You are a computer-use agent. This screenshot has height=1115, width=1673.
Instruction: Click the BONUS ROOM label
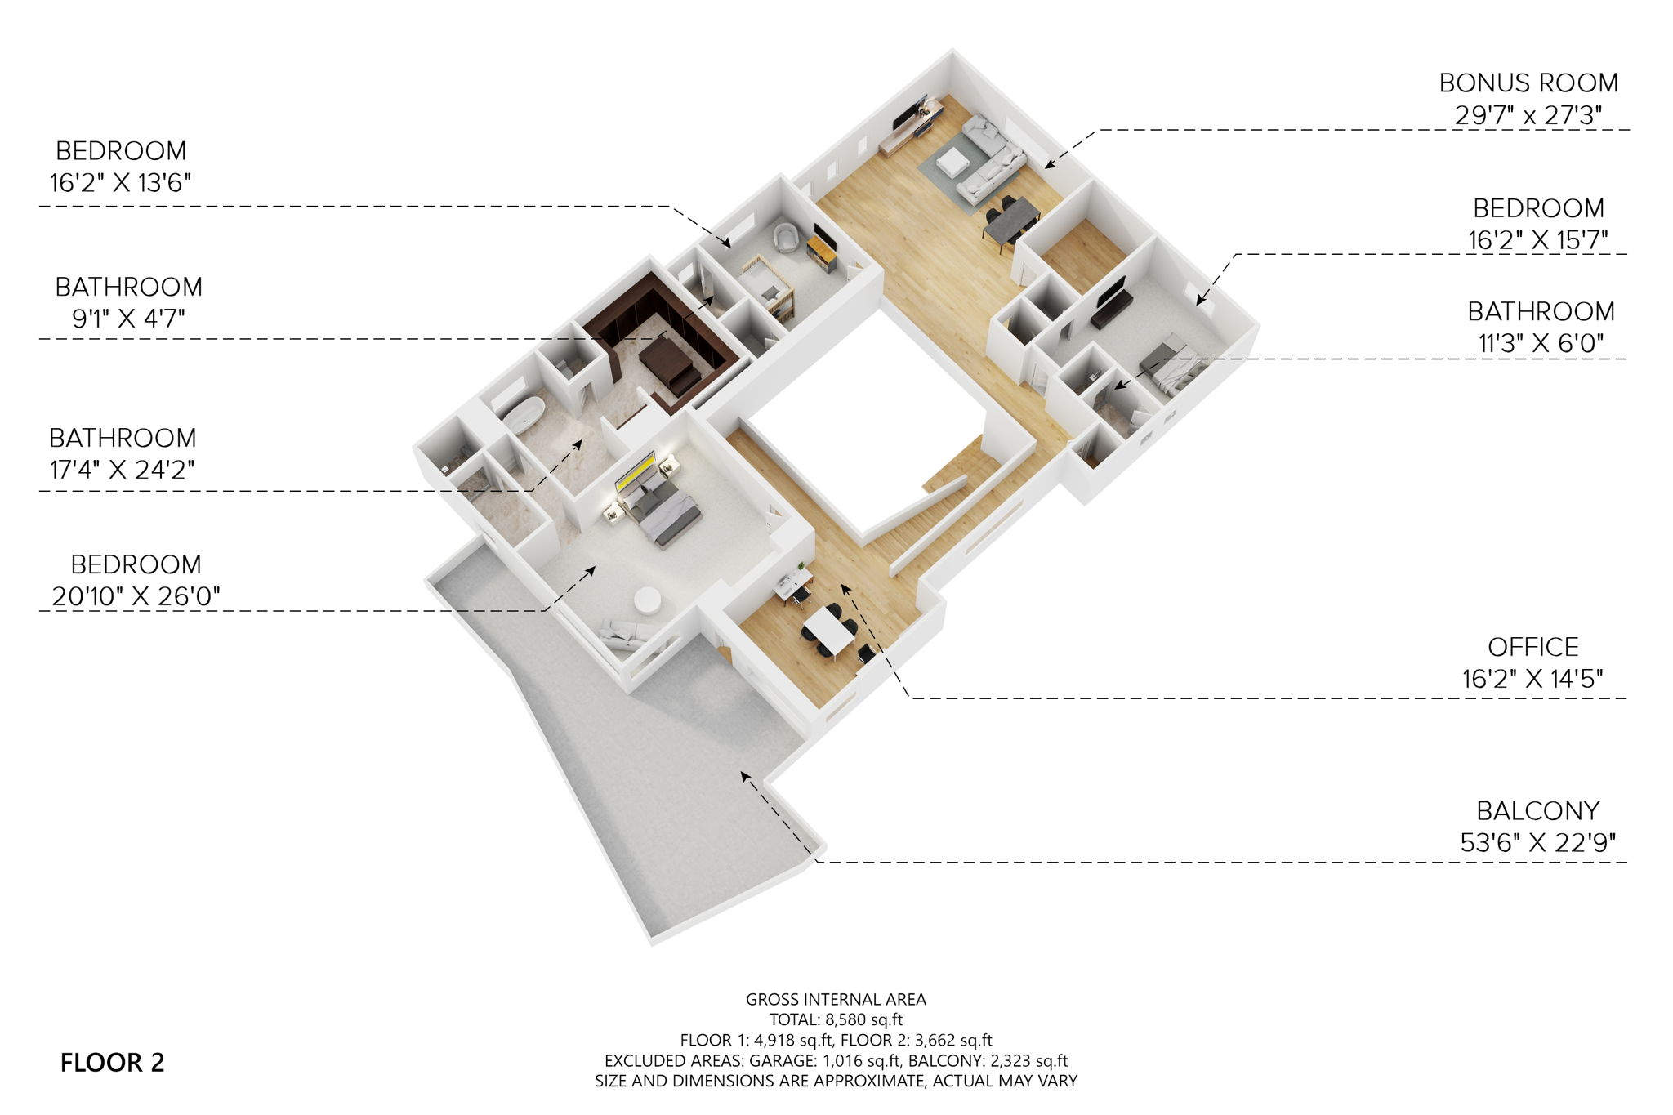[x=1528, y=83]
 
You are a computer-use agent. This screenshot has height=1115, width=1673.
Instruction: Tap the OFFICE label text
[x=1532, y=648]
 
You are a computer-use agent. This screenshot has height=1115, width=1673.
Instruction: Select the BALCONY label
[x=1537, y=811]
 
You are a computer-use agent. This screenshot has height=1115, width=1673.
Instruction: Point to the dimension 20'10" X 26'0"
[x=136, y=597]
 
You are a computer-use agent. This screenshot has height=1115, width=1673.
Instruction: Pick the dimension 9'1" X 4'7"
[x=128, y=319]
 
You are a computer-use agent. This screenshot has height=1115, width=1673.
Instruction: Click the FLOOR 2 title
[x=113, y=1063]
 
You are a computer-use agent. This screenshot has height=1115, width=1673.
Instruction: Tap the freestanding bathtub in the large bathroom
[x=523, y=412]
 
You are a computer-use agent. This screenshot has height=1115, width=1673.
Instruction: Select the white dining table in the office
[x=828, y=633]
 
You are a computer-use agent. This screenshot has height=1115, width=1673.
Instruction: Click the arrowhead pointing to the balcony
[x=745, y=775]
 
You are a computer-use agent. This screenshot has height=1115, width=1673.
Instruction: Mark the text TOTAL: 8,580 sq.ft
[x=836, y=1019]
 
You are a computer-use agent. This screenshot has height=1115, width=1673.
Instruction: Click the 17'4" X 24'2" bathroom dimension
[x=122, y=470]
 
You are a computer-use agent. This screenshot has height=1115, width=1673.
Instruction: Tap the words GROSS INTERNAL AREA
[x=836, y=999]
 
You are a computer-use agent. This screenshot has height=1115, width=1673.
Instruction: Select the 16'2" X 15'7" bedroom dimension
[x=1538, y=240]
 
